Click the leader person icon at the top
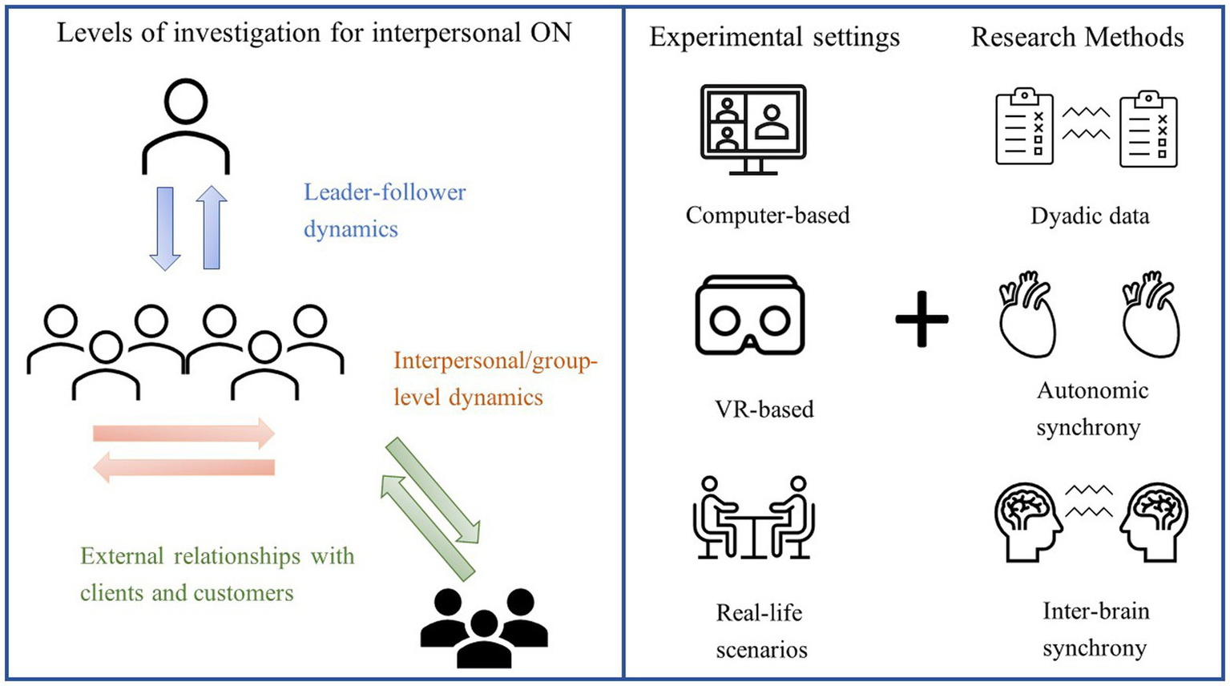(186, 126)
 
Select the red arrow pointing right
(184, 434)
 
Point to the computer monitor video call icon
(752, 129)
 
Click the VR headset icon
(750, 315)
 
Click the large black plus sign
(921, 318)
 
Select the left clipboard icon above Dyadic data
(1024, 127)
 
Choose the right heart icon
(1150, 314)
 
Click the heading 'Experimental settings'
(774, 37)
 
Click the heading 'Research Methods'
(1077, 37)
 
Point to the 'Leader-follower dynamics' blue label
(384, 210)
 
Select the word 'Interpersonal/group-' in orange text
(495, 361)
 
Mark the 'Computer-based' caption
(767, 215)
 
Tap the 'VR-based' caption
(764, 409)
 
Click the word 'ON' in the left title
(550, 33)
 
